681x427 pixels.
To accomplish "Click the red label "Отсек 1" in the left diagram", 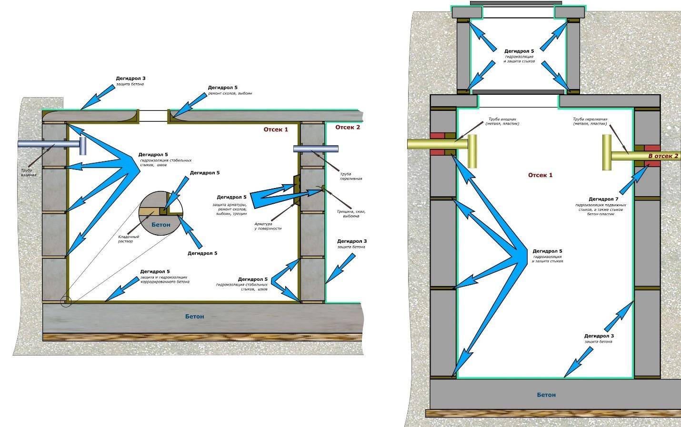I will (x=276, y=129).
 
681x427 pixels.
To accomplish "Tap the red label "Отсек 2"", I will (x=348, y=127).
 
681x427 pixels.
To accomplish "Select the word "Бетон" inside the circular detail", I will (x=160, y=224).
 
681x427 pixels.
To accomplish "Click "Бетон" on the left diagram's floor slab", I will (x=194, y=317).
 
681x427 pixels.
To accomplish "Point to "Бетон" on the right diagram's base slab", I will (x=546, y=395).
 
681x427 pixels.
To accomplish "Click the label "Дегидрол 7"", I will (x=603, y=199).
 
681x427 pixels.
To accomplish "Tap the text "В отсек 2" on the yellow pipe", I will (x=663, y=156).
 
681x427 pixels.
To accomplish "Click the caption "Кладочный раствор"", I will (x=129, y=239).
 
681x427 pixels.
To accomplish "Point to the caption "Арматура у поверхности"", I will (x=269, y=226).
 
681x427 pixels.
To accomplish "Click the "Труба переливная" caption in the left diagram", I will (x=351, y=176).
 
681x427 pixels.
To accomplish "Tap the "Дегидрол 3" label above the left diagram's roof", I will (x=130, y=79).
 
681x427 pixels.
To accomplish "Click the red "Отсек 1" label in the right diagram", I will (x=540, y=175).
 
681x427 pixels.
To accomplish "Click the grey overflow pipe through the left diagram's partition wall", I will (x=316, y=149).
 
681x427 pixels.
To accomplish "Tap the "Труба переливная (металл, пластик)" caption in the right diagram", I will (x=590, y=121).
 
